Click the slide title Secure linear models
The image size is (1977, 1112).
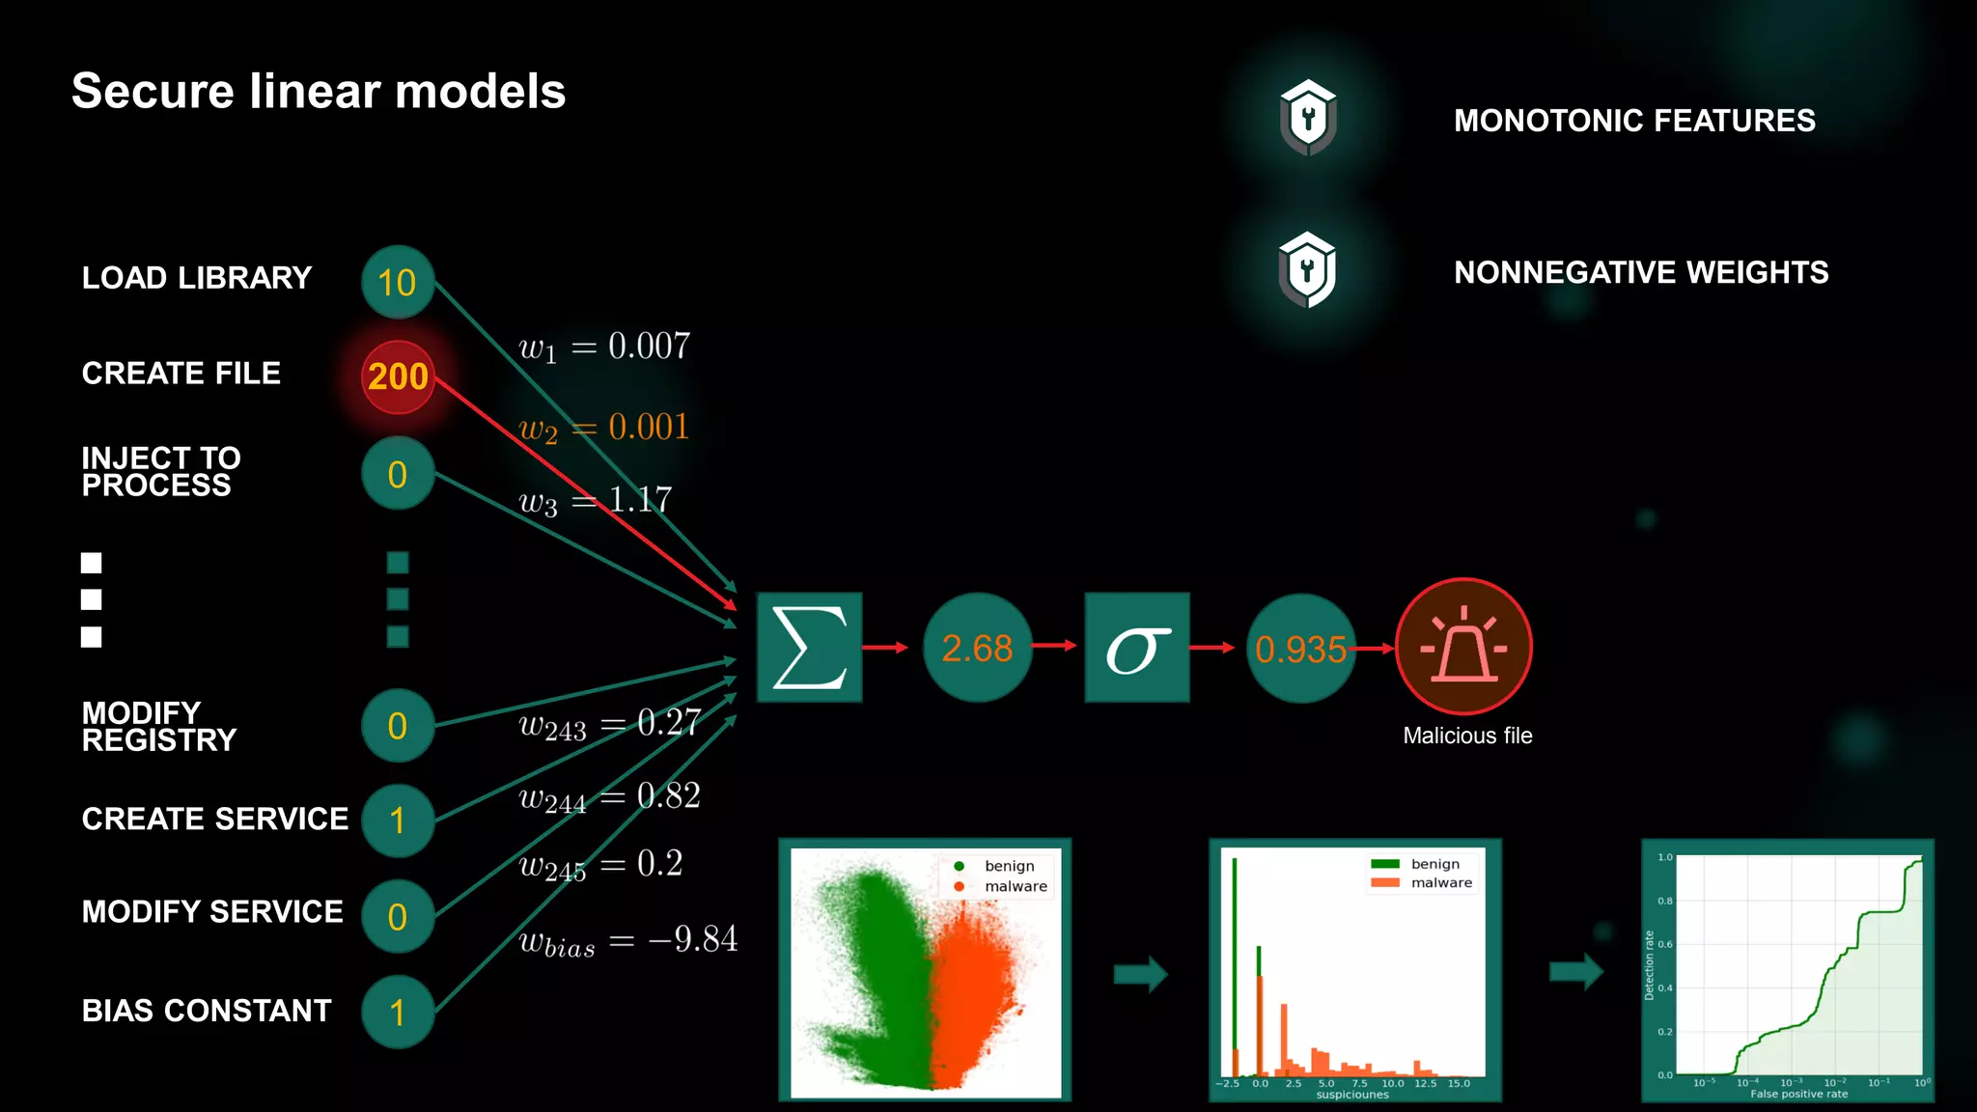319,92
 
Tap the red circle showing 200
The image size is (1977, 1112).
398,376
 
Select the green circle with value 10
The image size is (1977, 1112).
398,283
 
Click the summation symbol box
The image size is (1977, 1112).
809,647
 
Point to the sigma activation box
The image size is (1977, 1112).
1137,647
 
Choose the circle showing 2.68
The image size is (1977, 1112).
977,648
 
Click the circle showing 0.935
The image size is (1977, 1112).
1300,649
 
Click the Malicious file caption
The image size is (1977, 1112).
1467,736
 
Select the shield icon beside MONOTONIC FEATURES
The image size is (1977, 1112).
1308,118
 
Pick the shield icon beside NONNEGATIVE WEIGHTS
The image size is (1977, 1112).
1307,270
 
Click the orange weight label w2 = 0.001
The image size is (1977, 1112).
604,428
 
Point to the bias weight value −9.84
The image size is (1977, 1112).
693,938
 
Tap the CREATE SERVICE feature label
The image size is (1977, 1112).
214,819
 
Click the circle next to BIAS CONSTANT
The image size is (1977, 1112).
398,1012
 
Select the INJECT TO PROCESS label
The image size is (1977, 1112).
161,471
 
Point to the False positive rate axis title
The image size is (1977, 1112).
1798,1094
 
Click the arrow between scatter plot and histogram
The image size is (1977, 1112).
1140,974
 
